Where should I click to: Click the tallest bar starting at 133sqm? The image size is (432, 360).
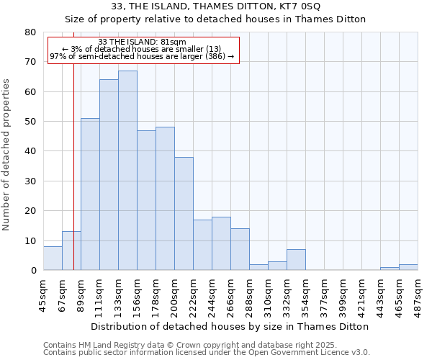[x=127, y=171]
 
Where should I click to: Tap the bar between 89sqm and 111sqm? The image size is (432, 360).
[x=90, y=194]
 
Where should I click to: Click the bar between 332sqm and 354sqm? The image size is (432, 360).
[x=296, y=260]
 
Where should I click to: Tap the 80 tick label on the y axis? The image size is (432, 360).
[x=30, y=32]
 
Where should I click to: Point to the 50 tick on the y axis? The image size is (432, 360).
[x=30, y=122]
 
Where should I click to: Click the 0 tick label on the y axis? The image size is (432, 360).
[x=33, y=271]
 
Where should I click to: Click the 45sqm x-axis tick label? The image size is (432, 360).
[x=43, y=292]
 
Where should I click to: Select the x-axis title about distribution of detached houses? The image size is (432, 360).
[x=230, y=326]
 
